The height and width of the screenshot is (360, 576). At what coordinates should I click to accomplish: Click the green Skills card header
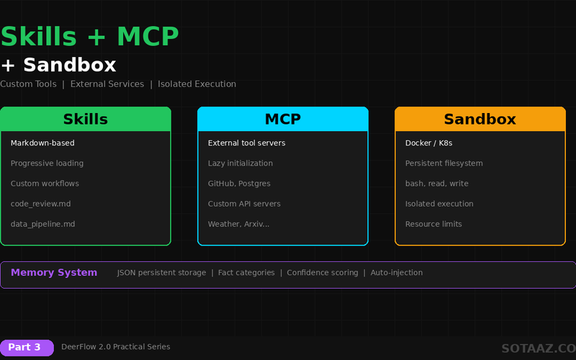[x=86, y=120]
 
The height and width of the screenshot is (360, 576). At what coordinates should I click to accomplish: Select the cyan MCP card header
[x=283, y=120]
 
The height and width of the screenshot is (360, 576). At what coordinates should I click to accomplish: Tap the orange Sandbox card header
[x=480, y=120]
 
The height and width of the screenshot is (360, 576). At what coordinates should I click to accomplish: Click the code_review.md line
[x=40, y=204]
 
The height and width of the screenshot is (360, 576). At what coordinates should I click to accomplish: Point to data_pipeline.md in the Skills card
[x=42, y=224]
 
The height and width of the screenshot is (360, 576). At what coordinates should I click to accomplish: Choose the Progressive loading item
[x=47, y=163]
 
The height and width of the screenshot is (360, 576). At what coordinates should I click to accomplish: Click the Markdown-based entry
[x=42, y=143]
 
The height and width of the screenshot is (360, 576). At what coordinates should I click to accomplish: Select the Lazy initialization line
[x=240, y=163]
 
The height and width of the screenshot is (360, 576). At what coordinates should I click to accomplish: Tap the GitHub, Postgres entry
[x=239, y=184]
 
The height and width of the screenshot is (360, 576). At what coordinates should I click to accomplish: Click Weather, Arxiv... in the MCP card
[x=239, y=224]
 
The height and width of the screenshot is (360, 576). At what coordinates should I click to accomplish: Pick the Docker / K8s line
[x=430, y=143]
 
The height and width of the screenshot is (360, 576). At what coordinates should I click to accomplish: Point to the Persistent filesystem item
[x=444, y=163]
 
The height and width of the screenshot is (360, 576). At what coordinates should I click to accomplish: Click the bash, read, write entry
[x=436, y=184]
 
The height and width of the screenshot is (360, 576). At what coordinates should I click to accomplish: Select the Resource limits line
[x=433, y=224]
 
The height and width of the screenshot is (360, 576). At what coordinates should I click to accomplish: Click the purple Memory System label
[x=54, y=273]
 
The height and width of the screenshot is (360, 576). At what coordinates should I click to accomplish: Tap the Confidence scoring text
[x=322, y=273]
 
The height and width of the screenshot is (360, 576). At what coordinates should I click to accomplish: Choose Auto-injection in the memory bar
[x=396, y=273]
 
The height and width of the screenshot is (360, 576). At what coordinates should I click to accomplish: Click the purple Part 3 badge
[x=27, y=347]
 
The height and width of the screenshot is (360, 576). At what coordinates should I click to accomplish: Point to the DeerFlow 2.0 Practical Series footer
[x=115, y=347]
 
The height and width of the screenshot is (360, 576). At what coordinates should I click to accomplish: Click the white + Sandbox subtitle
[x=58, y=65]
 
